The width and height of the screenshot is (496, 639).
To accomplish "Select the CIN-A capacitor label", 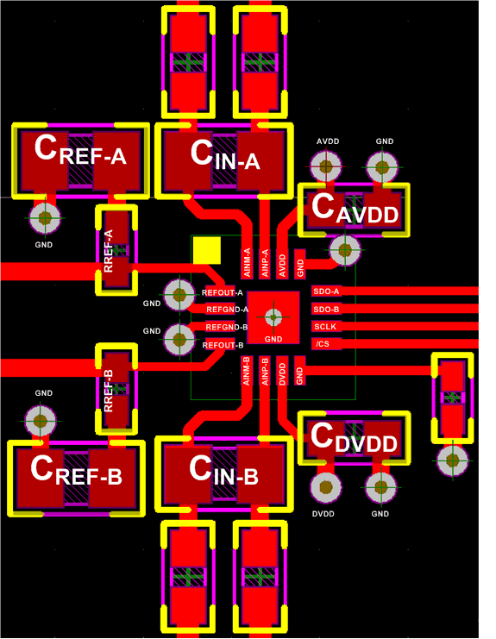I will pyautogui.click(x=225, y=155).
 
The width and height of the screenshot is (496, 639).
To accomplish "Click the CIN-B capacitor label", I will pyautogui.click(x=224, y=470).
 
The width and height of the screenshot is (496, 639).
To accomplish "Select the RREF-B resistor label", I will pyautogui.click(x=109, y=390).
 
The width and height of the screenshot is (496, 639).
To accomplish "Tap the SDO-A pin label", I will pyautogui.click(x=326, y=291).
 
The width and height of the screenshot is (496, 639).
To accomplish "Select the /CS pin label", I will pyautogui.click(x=323, y=344).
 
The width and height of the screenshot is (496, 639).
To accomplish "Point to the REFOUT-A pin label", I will pyautogui.click(x=223, y=293).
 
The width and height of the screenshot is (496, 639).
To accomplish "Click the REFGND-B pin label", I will pyautogui.click(x=225, y=327).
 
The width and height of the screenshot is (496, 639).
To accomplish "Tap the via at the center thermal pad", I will pyautogui.click(x=273, y=316).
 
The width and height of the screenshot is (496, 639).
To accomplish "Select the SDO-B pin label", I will pyautogui.click(x=326, y=309).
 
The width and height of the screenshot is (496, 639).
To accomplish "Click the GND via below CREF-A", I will pyautogui.click(x=44, y=218).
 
